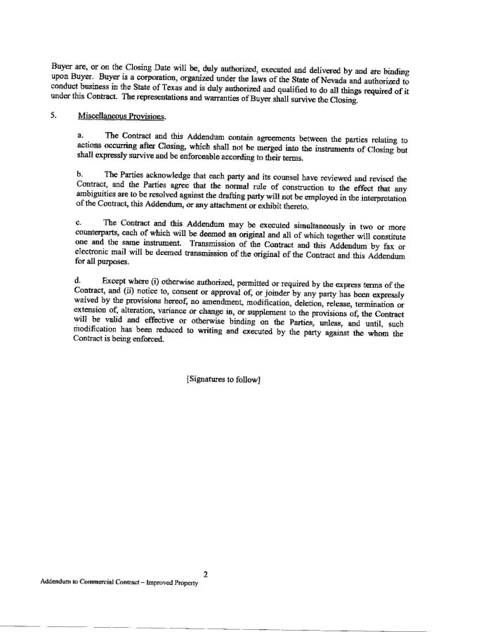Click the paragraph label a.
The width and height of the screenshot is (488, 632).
(x=79, y=135)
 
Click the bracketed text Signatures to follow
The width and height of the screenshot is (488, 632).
(x=223, y=379)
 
